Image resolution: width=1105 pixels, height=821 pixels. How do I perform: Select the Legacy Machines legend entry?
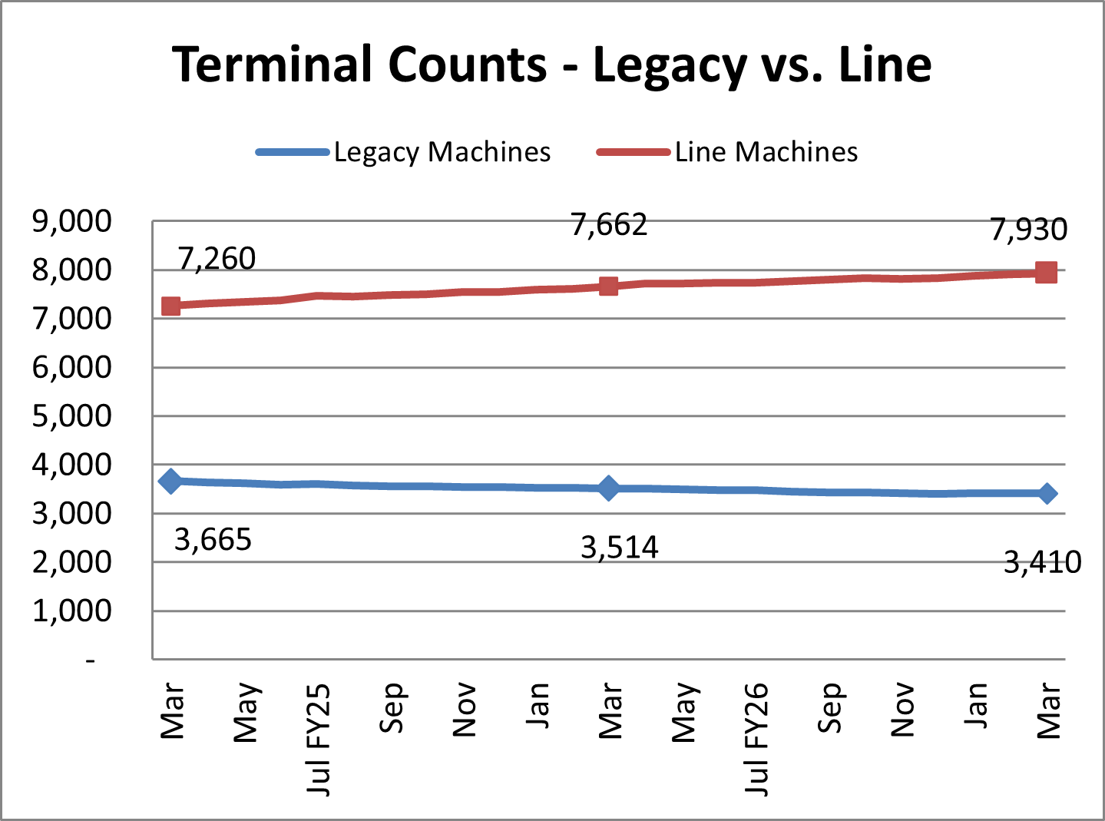pos(403,152)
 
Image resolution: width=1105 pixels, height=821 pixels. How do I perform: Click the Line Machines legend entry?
pos(727,151)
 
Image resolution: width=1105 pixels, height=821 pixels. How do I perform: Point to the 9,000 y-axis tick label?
pos(72,221)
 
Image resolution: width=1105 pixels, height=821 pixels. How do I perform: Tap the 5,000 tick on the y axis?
pos(72,415)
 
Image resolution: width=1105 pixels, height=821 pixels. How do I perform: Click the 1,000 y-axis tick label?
pos(72,611)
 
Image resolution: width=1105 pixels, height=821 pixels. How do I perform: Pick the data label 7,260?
pos(217,260)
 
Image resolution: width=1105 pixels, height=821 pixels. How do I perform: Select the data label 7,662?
pos(609,225)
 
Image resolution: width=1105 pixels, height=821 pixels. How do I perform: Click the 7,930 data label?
pos(1028,230)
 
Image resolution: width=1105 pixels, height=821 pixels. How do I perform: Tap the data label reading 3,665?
pos(213,540)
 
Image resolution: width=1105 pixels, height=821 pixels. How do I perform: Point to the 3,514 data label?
pos(620,548)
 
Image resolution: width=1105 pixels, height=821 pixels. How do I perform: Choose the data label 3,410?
pos(1042,563)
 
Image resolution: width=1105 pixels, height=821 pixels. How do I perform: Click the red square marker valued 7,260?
pos(171,306)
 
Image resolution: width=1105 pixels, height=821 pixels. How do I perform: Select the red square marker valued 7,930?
pos(1046,273)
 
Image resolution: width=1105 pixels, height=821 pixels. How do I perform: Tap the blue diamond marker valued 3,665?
pos(171,481)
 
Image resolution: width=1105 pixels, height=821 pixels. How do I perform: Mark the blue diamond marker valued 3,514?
pos(608,488)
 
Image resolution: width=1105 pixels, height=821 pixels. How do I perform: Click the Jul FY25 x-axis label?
pos(317,740)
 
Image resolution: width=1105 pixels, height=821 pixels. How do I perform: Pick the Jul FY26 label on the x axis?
pos(756,740)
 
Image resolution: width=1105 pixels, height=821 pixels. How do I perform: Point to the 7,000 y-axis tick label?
pos(72,319)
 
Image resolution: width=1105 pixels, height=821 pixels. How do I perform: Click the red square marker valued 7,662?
pos(608,286)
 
